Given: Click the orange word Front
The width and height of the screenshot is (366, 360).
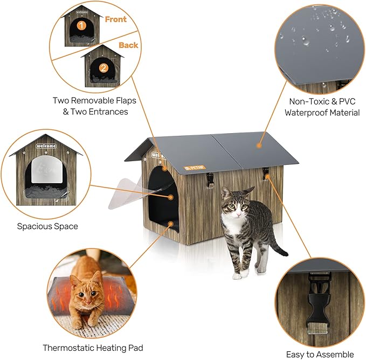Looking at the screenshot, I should point(115,19).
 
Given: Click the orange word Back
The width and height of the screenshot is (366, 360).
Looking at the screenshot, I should point(128,45).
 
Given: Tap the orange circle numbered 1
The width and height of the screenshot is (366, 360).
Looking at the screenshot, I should point(81,25).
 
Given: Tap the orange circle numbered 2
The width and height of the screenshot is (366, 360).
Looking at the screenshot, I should point(102,68).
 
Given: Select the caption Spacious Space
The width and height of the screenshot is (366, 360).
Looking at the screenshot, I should point(47,226).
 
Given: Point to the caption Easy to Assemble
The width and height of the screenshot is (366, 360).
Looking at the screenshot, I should point(320,354).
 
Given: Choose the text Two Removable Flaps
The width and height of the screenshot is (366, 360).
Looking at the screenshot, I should point(94,100).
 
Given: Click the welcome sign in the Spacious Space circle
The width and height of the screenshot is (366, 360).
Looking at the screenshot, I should point(45,146).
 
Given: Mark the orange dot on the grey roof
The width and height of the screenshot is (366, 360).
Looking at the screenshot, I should point(259,144).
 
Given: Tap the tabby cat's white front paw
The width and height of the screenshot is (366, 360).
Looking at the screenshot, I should point(238,275).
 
